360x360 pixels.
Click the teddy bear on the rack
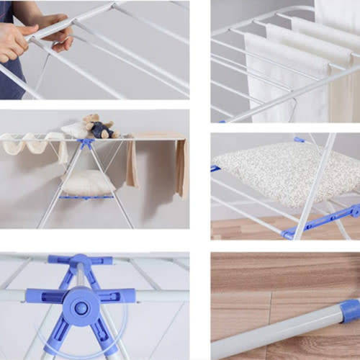tap(99, 126)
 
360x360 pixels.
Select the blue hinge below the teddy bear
tap(87, 143)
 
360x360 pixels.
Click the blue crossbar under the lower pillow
tap(86, 197)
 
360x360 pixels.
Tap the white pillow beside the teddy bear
tap(73, 129)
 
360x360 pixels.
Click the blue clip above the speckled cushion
tap(300, 140)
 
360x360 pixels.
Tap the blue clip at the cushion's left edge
tap(215, 168)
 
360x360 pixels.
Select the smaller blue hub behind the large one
tap(79, 263)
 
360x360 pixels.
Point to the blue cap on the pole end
tap(350, 311)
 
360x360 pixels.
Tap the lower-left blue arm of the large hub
tap(58, 335)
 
